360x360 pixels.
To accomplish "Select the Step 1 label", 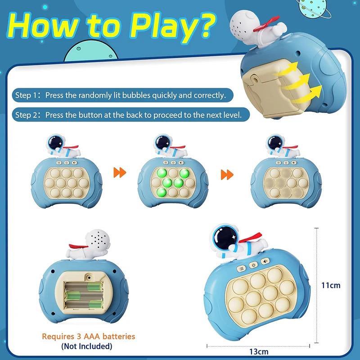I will click(x=30, y=95).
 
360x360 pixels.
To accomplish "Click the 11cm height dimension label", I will click(x=331, y=285).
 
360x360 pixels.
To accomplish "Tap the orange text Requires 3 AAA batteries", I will click(x=88, y=336).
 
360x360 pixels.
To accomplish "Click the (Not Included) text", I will click(x=87, y=346).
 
